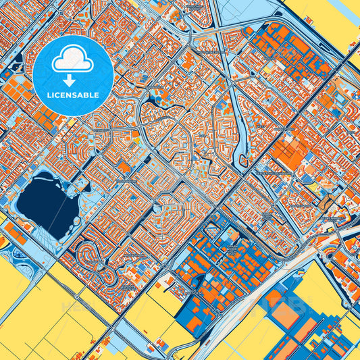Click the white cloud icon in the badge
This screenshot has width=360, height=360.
click(x=73, y=59)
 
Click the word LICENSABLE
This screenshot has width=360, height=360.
click(x=73, y=95)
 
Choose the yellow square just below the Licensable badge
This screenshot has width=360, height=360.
click(x=68, y=124)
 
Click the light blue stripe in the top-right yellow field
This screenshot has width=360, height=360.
click(x=338, y=30)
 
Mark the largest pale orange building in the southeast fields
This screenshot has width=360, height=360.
click(x=287, y=312)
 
